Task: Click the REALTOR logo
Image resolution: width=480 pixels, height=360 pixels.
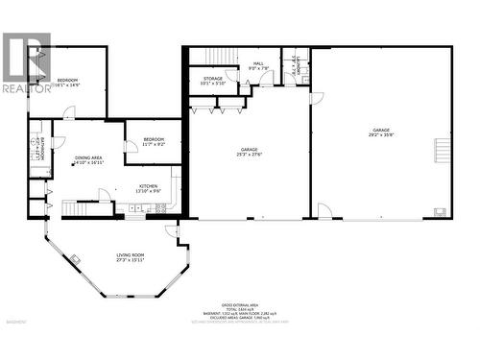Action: (26, 63)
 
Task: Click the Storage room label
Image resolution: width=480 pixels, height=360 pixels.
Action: (212, 81)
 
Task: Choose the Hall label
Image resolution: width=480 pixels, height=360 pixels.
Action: (258, 66)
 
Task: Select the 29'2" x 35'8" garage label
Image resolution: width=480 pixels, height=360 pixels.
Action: (382, 133)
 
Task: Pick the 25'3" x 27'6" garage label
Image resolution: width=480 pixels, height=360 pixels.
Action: (250, 152)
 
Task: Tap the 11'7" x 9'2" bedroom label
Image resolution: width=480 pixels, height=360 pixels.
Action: (155, 141)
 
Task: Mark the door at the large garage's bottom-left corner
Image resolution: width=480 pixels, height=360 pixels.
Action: (324, 211)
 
